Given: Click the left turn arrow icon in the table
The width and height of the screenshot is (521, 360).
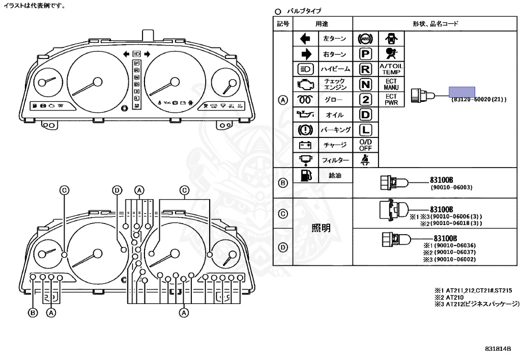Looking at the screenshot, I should click(306, 39).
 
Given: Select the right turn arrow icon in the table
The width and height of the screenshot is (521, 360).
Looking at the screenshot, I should click(306, 54).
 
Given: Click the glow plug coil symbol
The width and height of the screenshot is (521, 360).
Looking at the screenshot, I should click(306, 100).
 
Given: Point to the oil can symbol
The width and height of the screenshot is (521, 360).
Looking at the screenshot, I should click(306, 115).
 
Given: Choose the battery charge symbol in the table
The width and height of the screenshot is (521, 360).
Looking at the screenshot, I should click(306, 145).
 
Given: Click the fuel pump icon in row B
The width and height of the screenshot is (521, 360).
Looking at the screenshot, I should click(306, 176).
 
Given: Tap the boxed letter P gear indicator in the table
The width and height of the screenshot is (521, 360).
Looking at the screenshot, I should click(365, 54).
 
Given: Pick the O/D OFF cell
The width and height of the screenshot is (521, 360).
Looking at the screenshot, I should click(365, 145).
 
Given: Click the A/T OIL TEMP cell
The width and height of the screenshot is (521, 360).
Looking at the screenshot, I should click(391, 69).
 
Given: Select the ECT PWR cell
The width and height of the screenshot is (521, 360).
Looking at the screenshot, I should click(391, 99).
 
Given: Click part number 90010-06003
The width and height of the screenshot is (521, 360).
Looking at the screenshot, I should click(452, 187).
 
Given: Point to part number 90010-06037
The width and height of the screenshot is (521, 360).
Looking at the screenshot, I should click(454, 252).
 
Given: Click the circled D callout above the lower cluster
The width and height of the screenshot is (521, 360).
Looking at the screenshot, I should click(118, 190).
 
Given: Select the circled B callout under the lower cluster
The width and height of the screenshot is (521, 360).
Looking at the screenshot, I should click(33, 313).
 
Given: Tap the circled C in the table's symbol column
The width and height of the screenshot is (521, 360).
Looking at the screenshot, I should click(283, 213).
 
